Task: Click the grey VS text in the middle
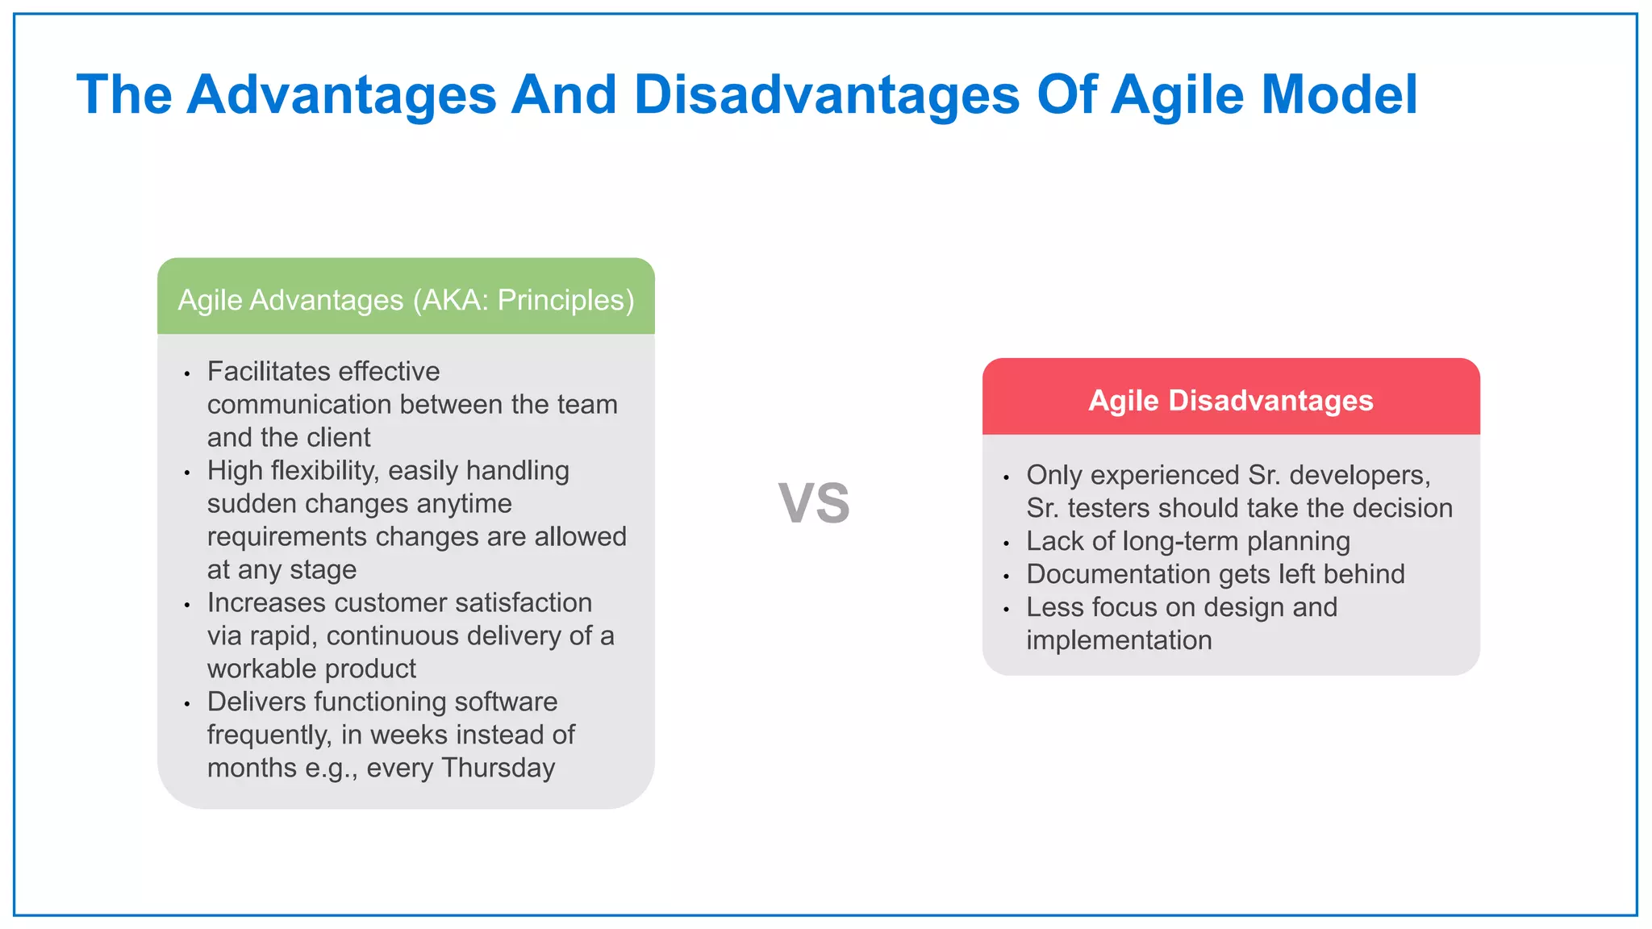[814, 503]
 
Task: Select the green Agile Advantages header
[406, 300]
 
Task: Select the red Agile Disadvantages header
[1230, 401]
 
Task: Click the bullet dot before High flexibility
[187, 473]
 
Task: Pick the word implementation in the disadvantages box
[1119, 640]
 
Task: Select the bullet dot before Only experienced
[1006, 478]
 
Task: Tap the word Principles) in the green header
[565, 300]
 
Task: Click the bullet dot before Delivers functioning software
[187, 705]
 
